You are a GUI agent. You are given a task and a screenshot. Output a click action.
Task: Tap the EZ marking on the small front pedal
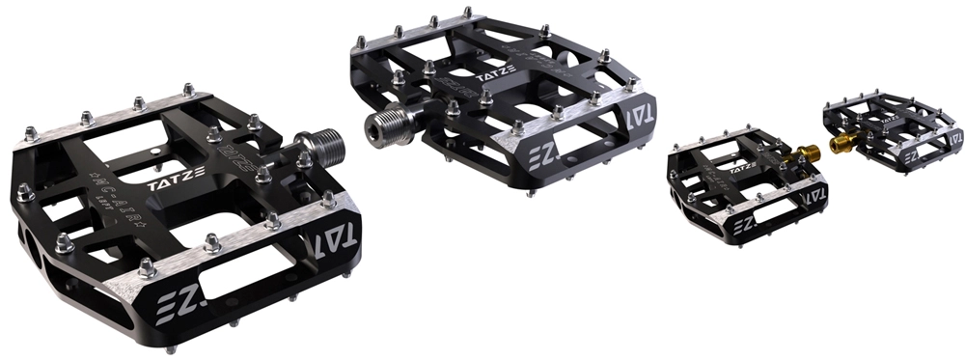742,228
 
